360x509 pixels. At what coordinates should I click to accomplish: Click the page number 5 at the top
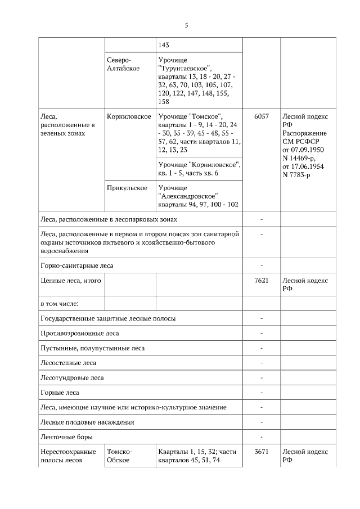tap(186, 25)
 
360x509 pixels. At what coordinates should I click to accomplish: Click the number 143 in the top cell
tap(164, 46)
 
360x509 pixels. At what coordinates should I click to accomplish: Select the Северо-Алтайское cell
tap(119, 64)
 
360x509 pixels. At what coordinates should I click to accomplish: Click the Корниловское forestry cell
tap(128, 116)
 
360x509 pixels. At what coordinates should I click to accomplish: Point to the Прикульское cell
tap(127, 187)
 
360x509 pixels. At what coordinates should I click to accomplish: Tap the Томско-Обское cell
tap(119, 456)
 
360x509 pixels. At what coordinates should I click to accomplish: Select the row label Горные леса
tap(60, 393)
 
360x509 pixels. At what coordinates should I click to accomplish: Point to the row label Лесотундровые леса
tap(72, 378)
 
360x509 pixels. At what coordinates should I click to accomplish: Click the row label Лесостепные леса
tap(68, 363)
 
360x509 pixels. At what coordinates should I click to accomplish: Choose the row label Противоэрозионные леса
tap(79, 334)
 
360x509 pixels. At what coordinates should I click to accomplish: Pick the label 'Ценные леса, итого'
tap(71, 281)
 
